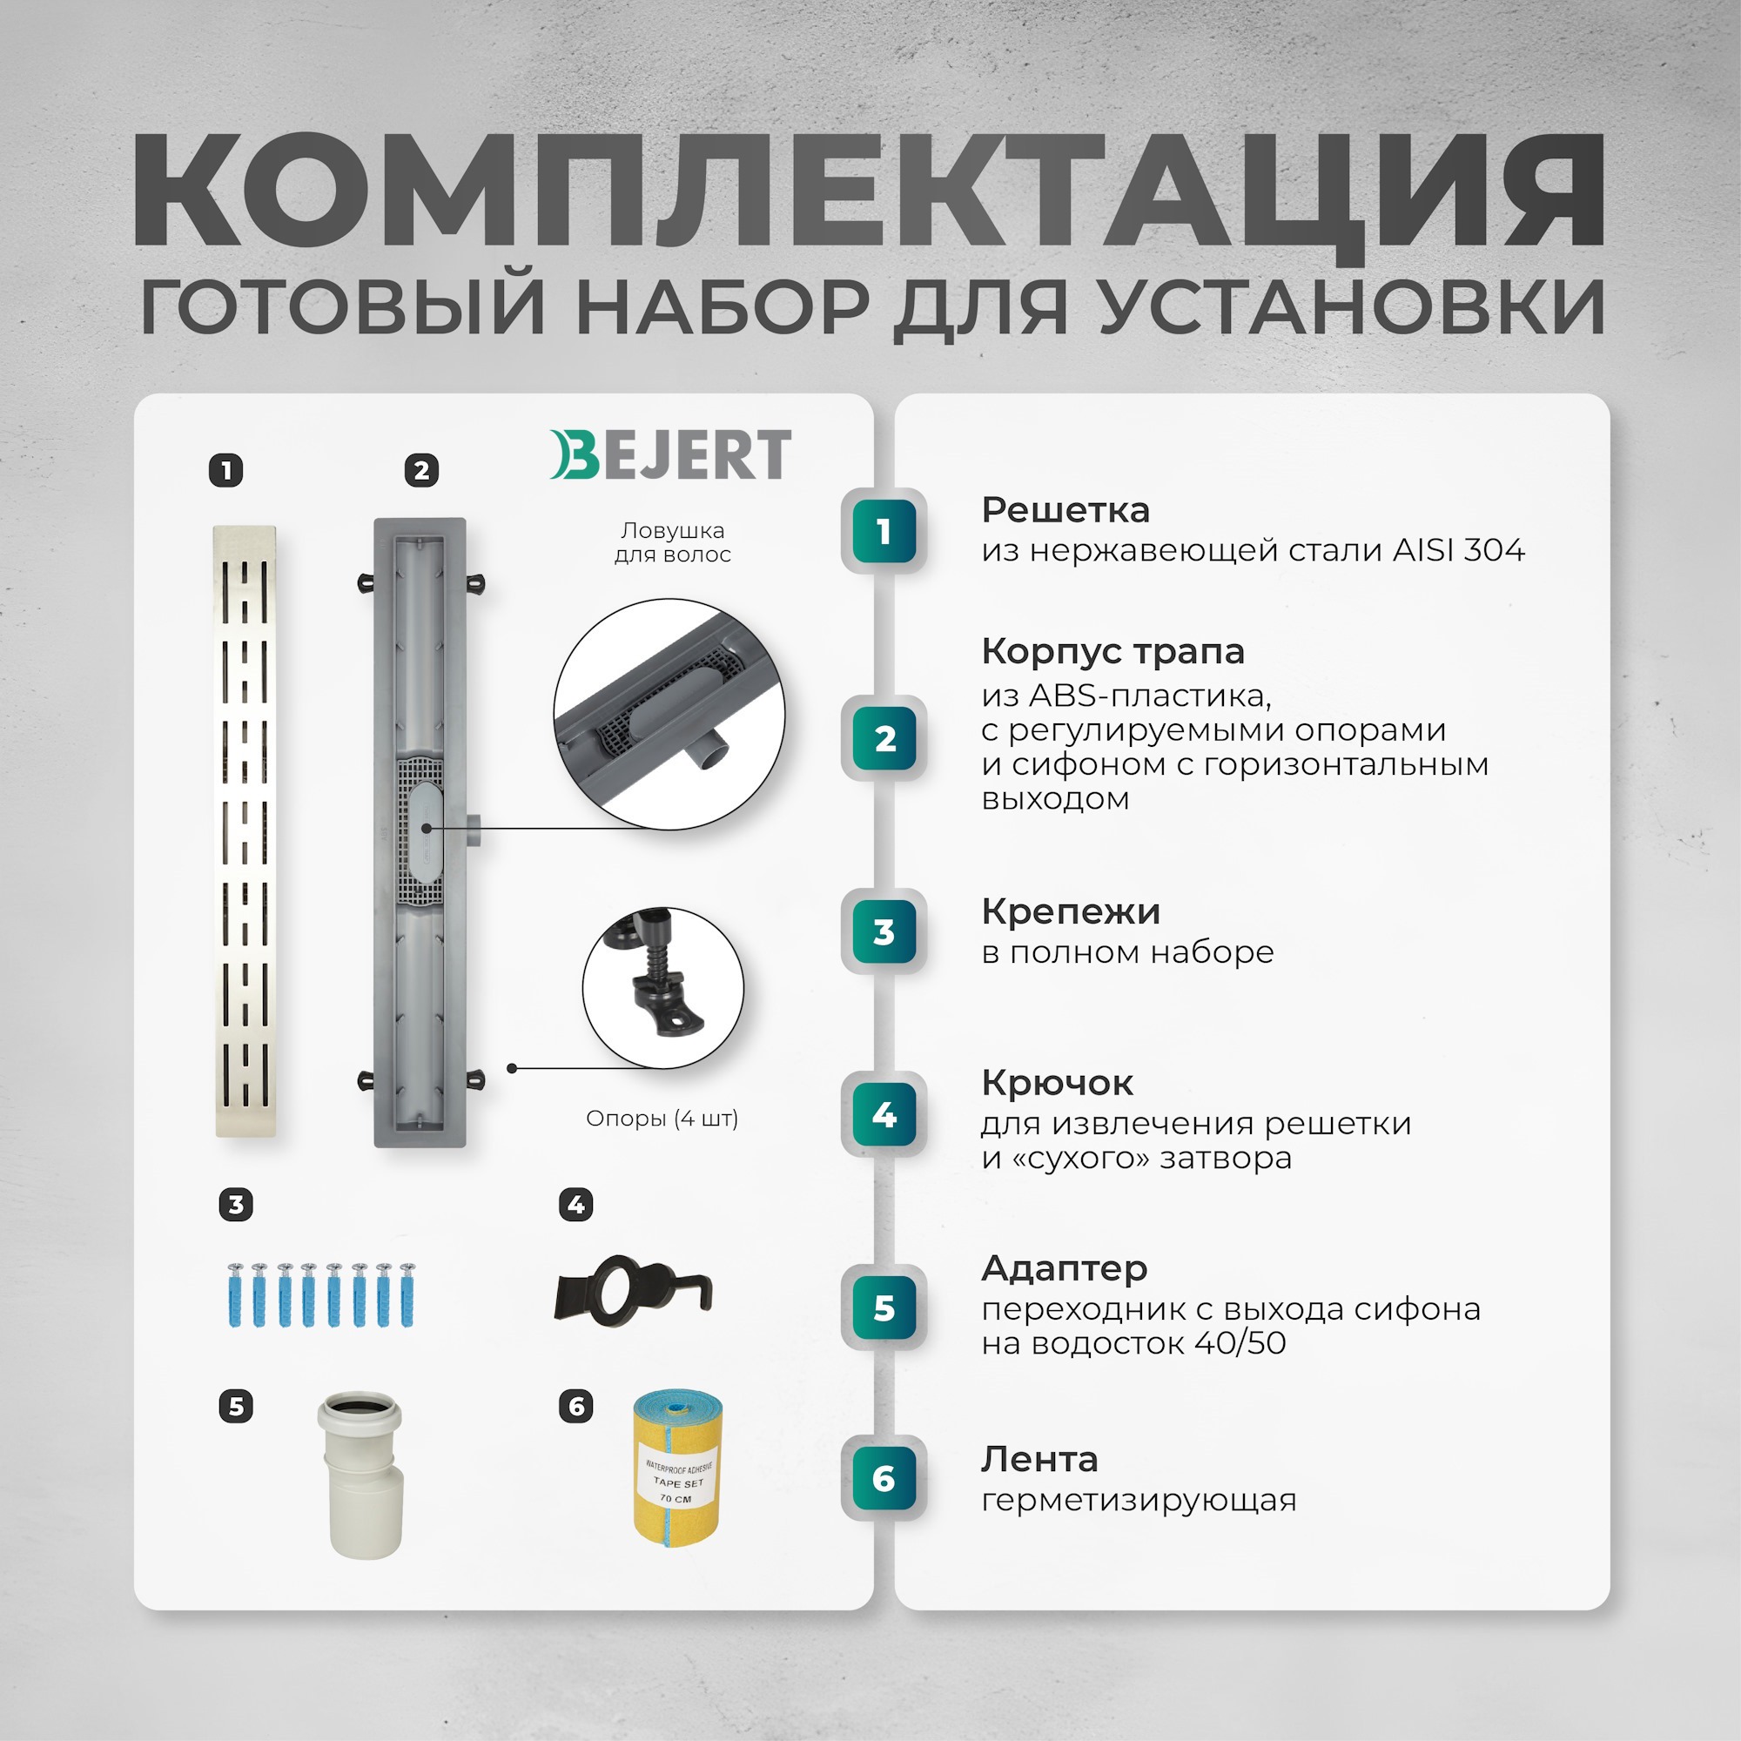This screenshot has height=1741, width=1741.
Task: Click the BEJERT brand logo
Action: (x=670, y=455)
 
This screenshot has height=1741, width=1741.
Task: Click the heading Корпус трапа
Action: (x=1112, y=651)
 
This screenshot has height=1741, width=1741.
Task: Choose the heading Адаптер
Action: (x=1064, y=1268)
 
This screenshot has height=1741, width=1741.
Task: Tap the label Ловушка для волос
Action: (x=672, y=542)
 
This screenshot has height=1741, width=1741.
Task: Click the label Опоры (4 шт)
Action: (x=662, y=1119)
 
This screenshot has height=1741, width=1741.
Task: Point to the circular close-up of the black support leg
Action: (x=663, y=988)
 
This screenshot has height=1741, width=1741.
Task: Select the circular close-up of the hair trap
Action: (x=669, y=714)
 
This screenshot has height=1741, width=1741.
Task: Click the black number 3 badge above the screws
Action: (x=236, y=1205)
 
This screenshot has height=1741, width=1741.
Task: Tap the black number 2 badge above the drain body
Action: (x=420, y=470)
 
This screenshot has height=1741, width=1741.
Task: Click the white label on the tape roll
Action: (x=677, y=1482)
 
